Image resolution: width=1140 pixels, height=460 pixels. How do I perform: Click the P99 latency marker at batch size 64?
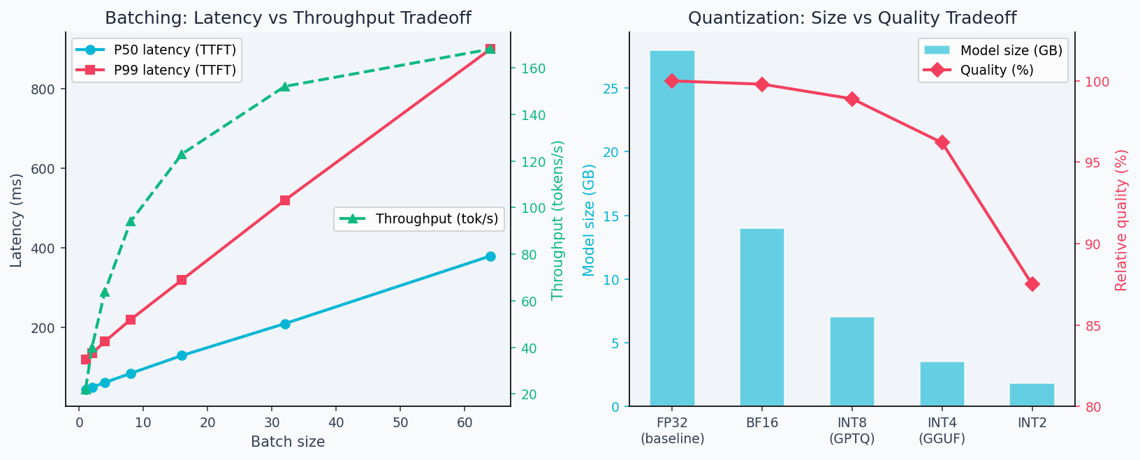490,49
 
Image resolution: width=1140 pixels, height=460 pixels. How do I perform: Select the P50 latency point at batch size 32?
285,324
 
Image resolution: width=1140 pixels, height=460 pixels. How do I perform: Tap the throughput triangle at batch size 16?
182,154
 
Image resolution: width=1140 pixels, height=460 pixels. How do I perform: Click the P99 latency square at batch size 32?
285,200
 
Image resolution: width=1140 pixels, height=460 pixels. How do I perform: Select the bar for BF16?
762,317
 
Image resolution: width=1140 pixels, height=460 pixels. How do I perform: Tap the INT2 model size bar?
1032,395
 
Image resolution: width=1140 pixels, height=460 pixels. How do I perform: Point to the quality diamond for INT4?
942,142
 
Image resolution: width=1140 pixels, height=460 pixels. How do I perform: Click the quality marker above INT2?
1032,284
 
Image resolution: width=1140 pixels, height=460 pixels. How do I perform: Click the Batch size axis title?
288,442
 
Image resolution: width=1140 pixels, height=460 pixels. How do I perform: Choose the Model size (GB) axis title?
589,220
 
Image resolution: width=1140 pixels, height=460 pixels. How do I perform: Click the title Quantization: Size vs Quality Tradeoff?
852,18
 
